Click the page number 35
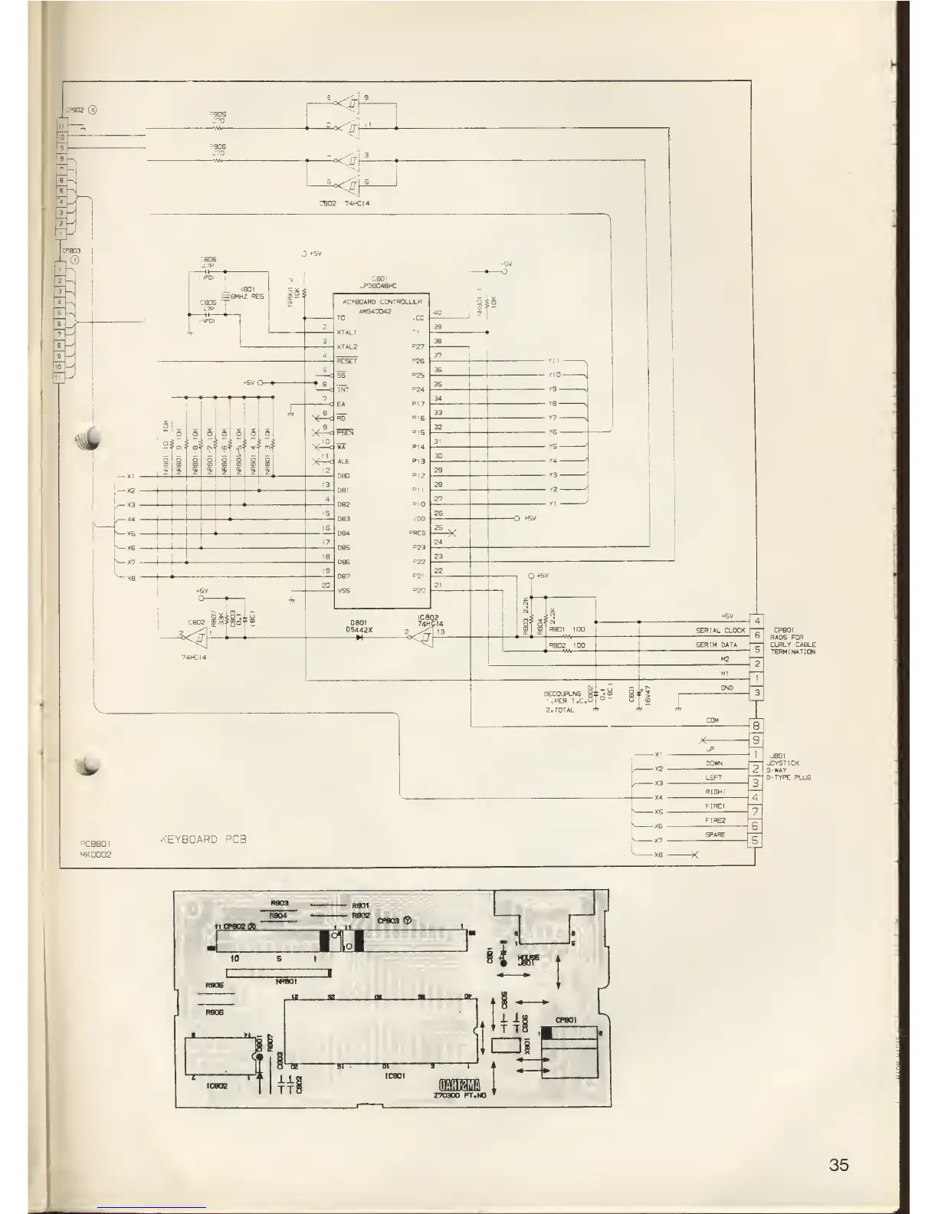(x=838, y=1166)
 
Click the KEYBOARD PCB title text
(x=203, y=839)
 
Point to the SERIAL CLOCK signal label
(x=720, y=631)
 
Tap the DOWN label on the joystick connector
(x=713, y=763)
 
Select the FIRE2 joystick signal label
(x=713, y=821)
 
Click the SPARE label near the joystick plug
(x=713, y=835)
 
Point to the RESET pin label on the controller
(x=346, y=361)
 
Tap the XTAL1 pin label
(x=347, y=332)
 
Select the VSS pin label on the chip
(x=343, y=590)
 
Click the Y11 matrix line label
(x=554, y=361)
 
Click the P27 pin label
(x=418, y=346)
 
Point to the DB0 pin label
(x=343, y=476)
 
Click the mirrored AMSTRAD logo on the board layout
(x=459, y=1084)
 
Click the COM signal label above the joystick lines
(x=712, y=721)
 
